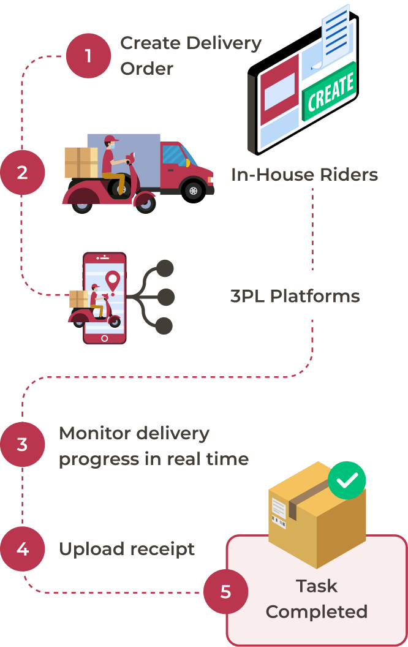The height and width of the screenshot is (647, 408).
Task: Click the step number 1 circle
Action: pyautogui.click(x=88, y=56)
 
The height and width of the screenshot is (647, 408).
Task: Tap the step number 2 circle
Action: pyautogui.click(x=23, y=173)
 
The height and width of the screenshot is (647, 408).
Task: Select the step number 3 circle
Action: pyautogui.click(x=23, y=444)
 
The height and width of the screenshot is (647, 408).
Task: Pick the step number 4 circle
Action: pyautogui.click(x=23, y=549)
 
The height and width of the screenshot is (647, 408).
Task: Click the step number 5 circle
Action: pyautogui.click(x=225, y=592)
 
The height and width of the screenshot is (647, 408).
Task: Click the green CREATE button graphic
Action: pyautogui.click(x=330, y=91)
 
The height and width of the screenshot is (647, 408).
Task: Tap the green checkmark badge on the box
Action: pyautogui.click(x=347, y=480)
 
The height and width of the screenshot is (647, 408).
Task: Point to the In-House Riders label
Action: pyautogui.click(x=304, y=175)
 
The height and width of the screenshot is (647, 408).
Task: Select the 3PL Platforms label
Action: pyautogui.click(x=295, y=297)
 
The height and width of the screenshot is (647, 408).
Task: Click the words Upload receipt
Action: pyautogui.click(x=127, y=549)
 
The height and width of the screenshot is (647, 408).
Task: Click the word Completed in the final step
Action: pyautogui.click(x=316, y=611)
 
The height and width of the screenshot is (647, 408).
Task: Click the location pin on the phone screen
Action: pyautogui.click(x=111, y=281)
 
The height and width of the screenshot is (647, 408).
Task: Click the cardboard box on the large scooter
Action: pyautogui.click(x=80, y=162)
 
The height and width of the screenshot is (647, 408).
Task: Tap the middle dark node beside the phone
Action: pyautogui.click(x=165, y=297)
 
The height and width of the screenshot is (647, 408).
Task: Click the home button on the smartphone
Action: pyautogui.click(x=105, y=338)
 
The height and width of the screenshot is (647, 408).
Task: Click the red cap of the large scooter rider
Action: pyautogui.click(x=111, y=139)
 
